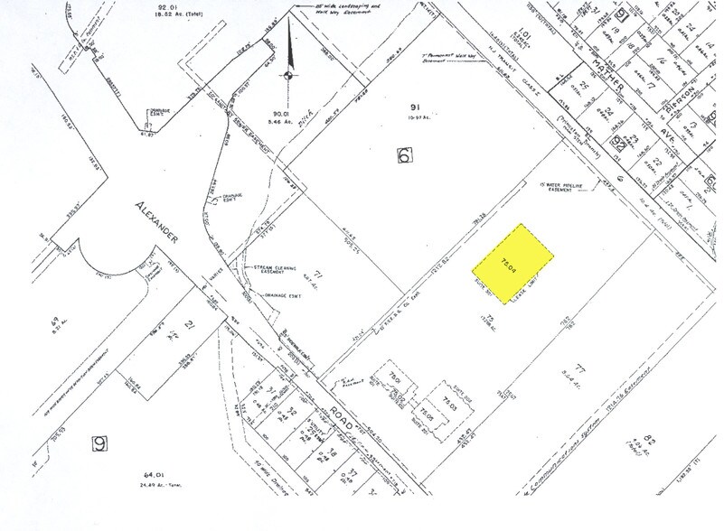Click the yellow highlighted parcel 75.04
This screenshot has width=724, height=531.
click(512, 263)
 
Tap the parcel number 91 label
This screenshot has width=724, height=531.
click(405, 107)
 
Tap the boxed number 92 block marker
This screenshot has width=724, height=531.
click(621, 141)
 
